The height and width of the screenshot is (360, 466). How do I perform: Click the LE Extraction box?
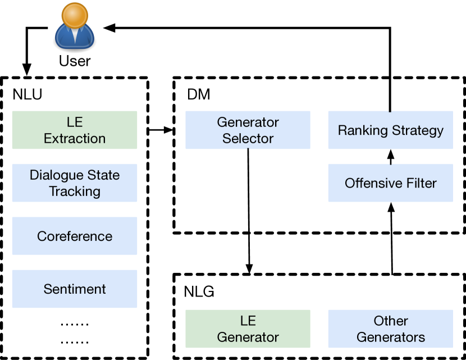click(x=75, y=130)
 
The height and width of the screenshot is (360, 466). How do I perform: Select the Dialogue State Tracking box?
click(x=75, y=183)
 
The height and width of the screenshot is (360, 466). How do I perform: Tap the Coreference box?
click(x=75, y=236)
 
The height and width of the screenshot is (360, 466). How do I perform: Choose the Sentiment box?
click(x=75, y=289)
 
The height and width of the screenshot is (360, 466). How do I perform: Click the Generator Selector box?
click(x=248, y=130)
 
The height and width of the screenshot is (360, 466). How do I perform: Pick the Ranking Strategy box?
click(x=390, y=130)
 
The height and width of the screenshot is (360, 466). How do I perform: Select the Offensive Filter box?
click(x=390, y=183)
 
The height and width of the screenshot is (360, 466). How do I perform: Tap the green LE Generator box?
click(x=248, y=329)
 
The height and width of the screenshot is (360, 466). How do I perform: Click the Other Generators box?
click(x=390, y=329)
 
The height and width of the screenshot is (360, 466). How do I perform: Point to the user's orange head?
click(x=75, y=15)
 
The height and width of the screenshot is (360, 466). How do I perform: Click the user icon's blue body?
click(x=75, y=38)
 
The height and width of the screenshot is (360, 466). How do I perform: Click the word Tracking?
click(x=75, y=191)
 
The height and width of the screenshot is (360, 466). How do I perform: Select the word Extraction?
click(x=75, y=138)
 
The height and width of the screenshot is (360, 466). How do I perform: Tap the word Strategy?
click(x=418, y=131)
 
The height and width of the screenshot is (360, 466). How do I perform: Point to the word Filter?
click(x=422, y=183)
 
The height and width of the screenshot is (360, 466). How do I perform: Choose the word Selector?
click(x=248, y=138)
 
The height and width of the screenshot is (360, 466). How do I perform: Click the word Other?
click(x=390, y=321)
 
